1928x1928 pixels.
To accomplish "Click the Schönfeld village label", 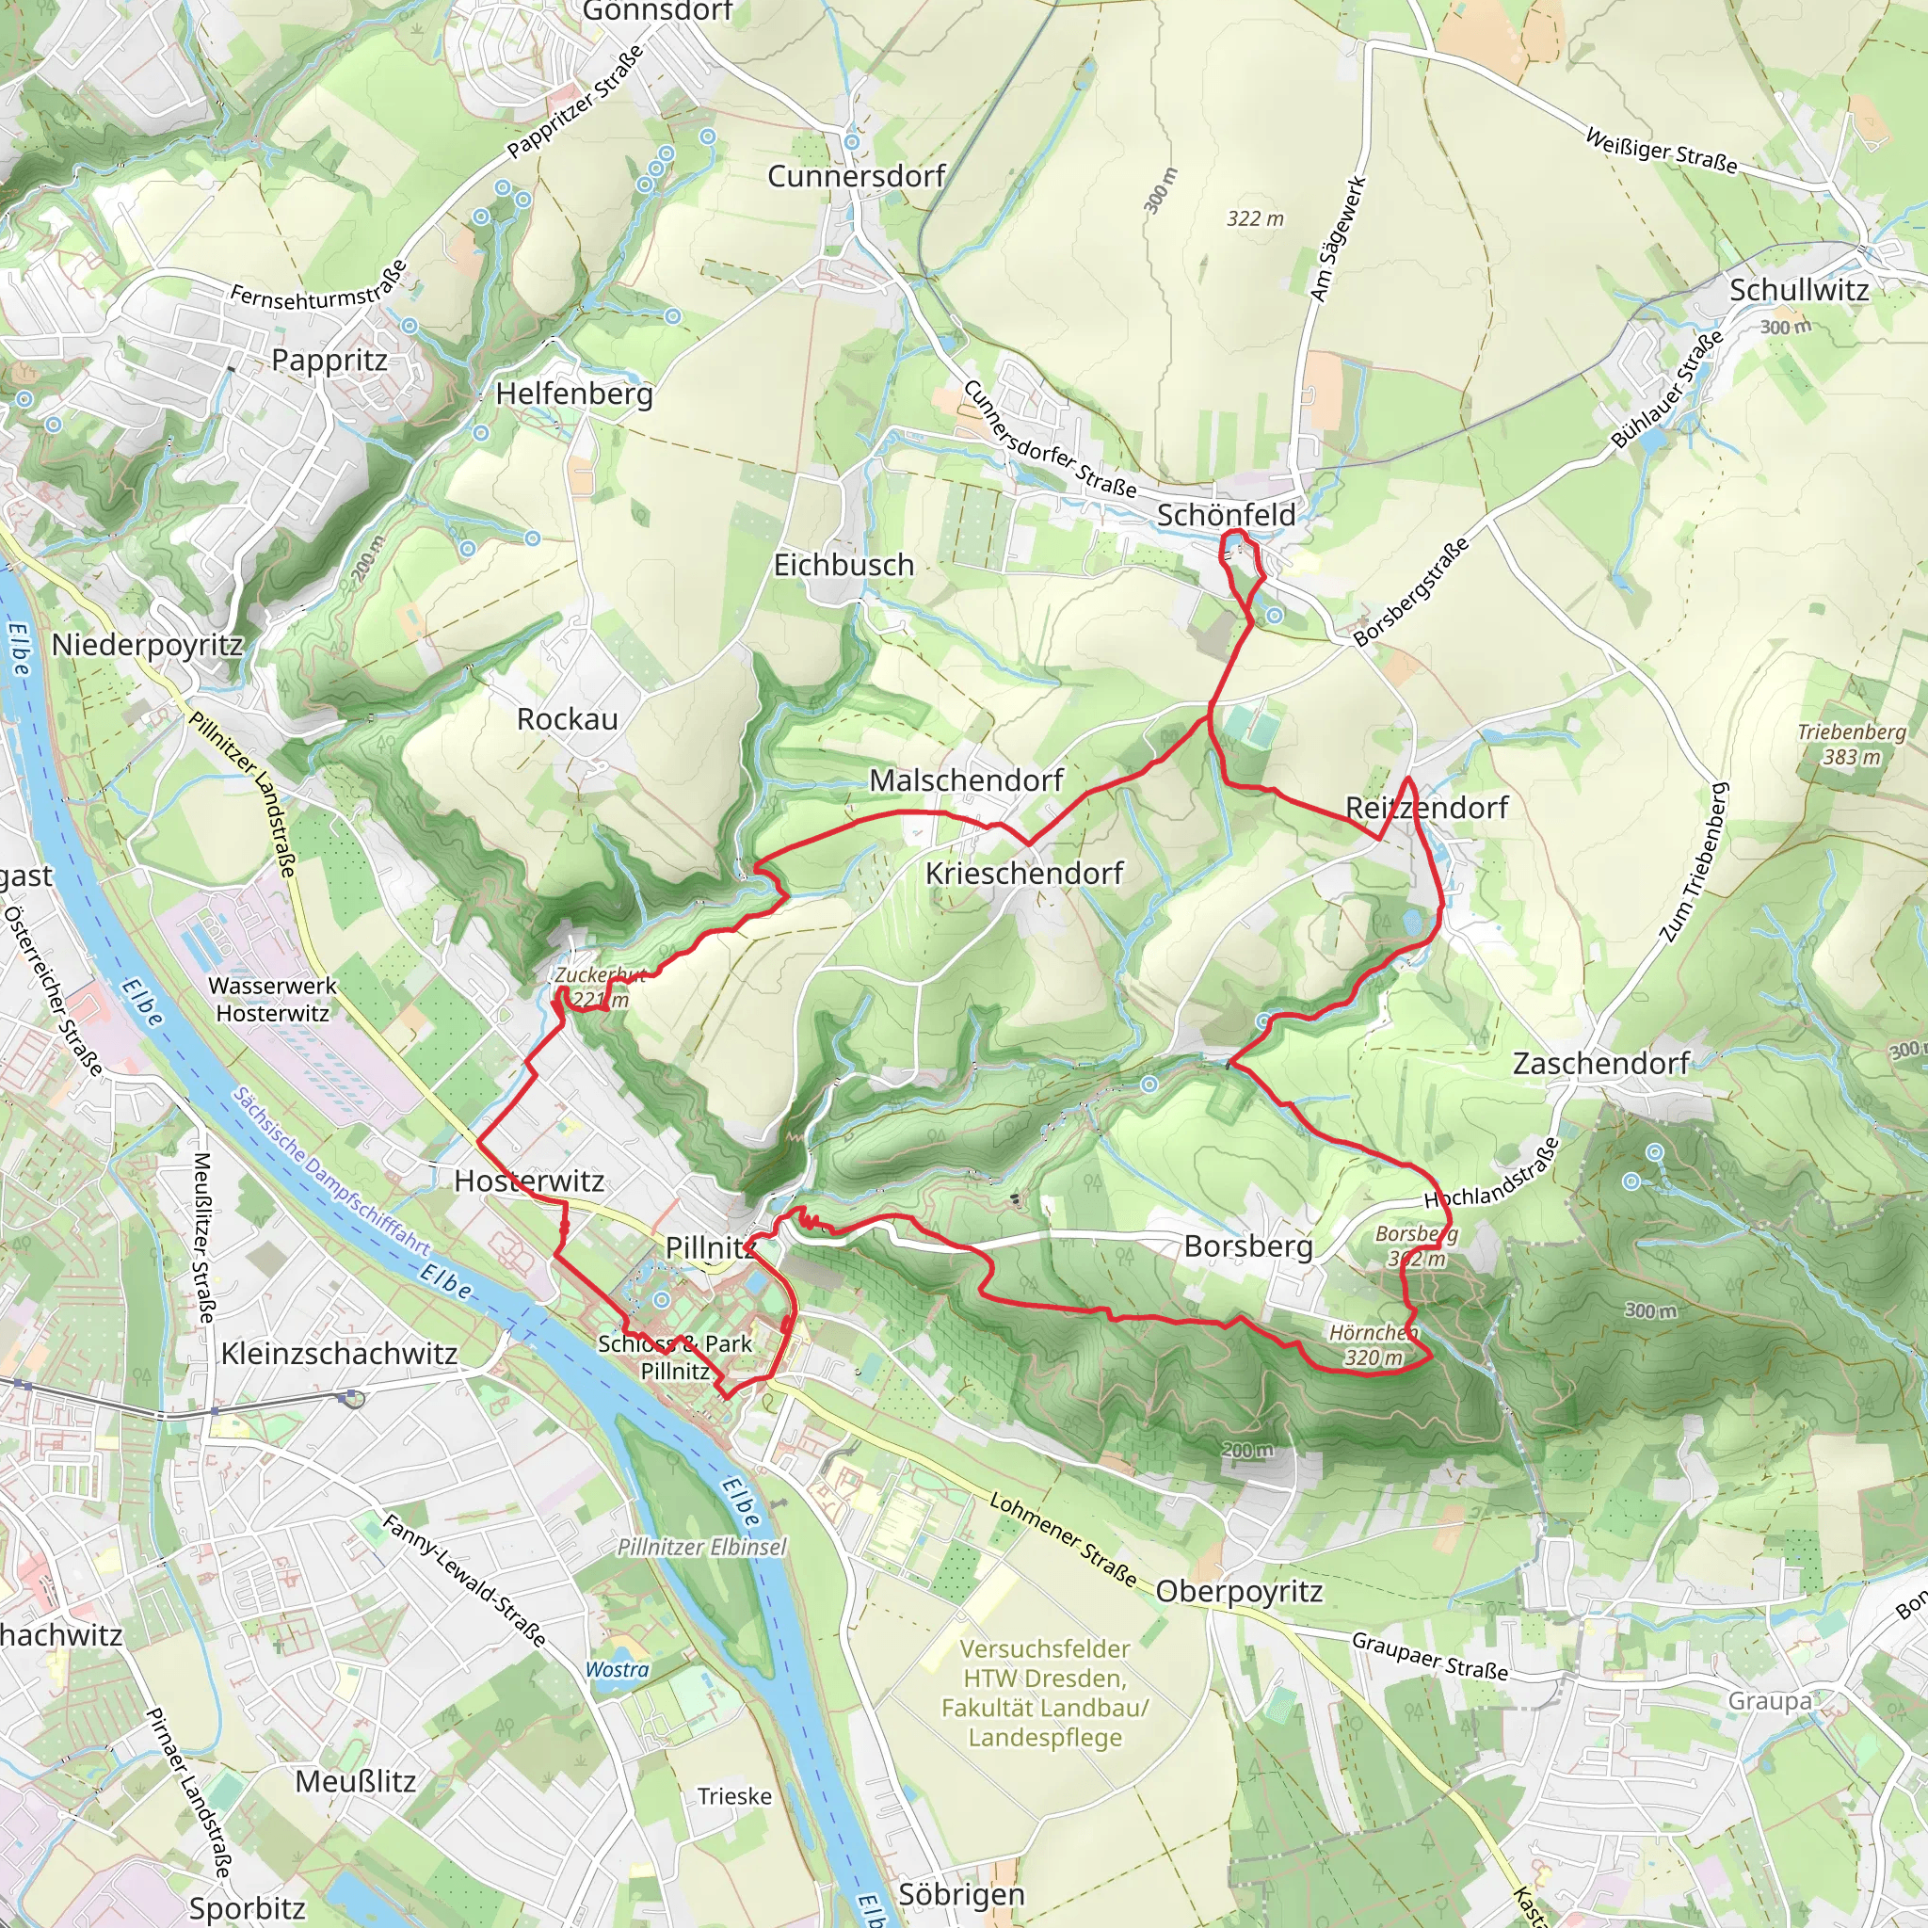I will [x=1226, y=515].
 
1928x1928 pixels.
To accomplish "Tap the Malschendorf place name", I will [x=966, y=780].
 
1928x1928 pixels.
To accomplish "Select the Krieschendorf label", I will [x=1024, y=874].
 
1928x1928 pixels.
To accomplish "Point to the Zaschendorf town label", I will [x=1600, y=1064].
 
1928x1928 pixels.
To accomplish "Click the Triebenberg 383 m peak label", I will [x=1851, y=745].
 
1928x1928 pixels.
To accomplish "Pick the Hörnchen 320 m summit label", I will [x=1374, y=1345].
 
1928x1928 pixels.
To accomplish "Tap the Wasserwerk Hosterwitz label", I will [x=272, y=999].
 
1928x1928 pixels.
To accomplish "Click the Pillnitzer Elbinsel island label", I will [x=701, y=1548].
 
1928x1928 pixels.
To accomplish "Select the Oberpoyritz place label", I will [x=1240, y=1592].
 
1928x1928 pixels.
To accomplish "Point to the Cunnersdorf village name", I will [x=857, y=177].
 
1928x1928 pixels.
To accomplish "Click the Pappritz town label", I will [x=329, y=361].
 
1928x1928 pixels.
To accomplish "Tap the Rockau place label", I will [x=567, y=719].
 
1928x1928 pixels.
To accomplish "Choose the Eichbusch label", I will [x=843, y=565].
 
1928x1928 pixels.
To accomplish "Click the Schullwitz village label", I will [x=1798, y=290].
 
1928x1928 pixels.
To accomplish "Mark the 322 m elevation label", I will [x=1254, y=218].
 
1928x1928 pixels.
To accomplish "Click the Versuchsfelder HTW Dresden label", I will [x=1045, y=1694].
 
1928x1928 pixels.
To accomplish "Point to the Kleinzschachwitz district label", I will [x=339, y=1354].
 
